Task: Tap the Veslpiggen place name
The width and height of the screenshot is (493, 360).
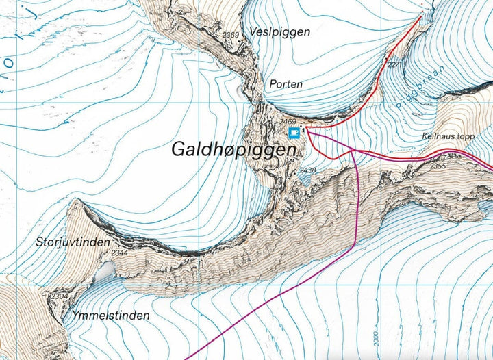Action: click(x=280, y=32)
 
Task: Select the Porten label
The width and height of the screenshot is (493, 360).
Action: click(x=286, y=84)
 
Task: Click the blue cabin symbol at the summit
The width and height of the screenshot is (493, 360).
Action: click(x=294, y=132)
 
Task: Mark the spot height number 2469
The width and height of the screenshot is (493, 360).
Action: click(x=288, y=122)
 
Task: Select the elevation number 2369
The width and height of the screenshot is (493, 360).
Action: click(x=231, y=35)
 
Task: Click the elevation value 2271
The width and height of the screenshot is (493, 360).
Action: click(x=395, y=66)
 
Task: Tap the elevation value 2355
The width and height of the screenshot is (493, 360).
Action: click(x=438, y=166)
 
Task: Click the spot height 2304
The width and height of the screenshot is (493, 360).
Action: click(x=58, y=296)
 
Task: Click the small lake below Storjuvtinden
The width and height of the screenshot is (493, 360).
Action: click(x=104, y=273)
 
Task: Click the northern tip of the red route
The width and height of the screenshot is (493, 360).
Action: click(x=420, y=18)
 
